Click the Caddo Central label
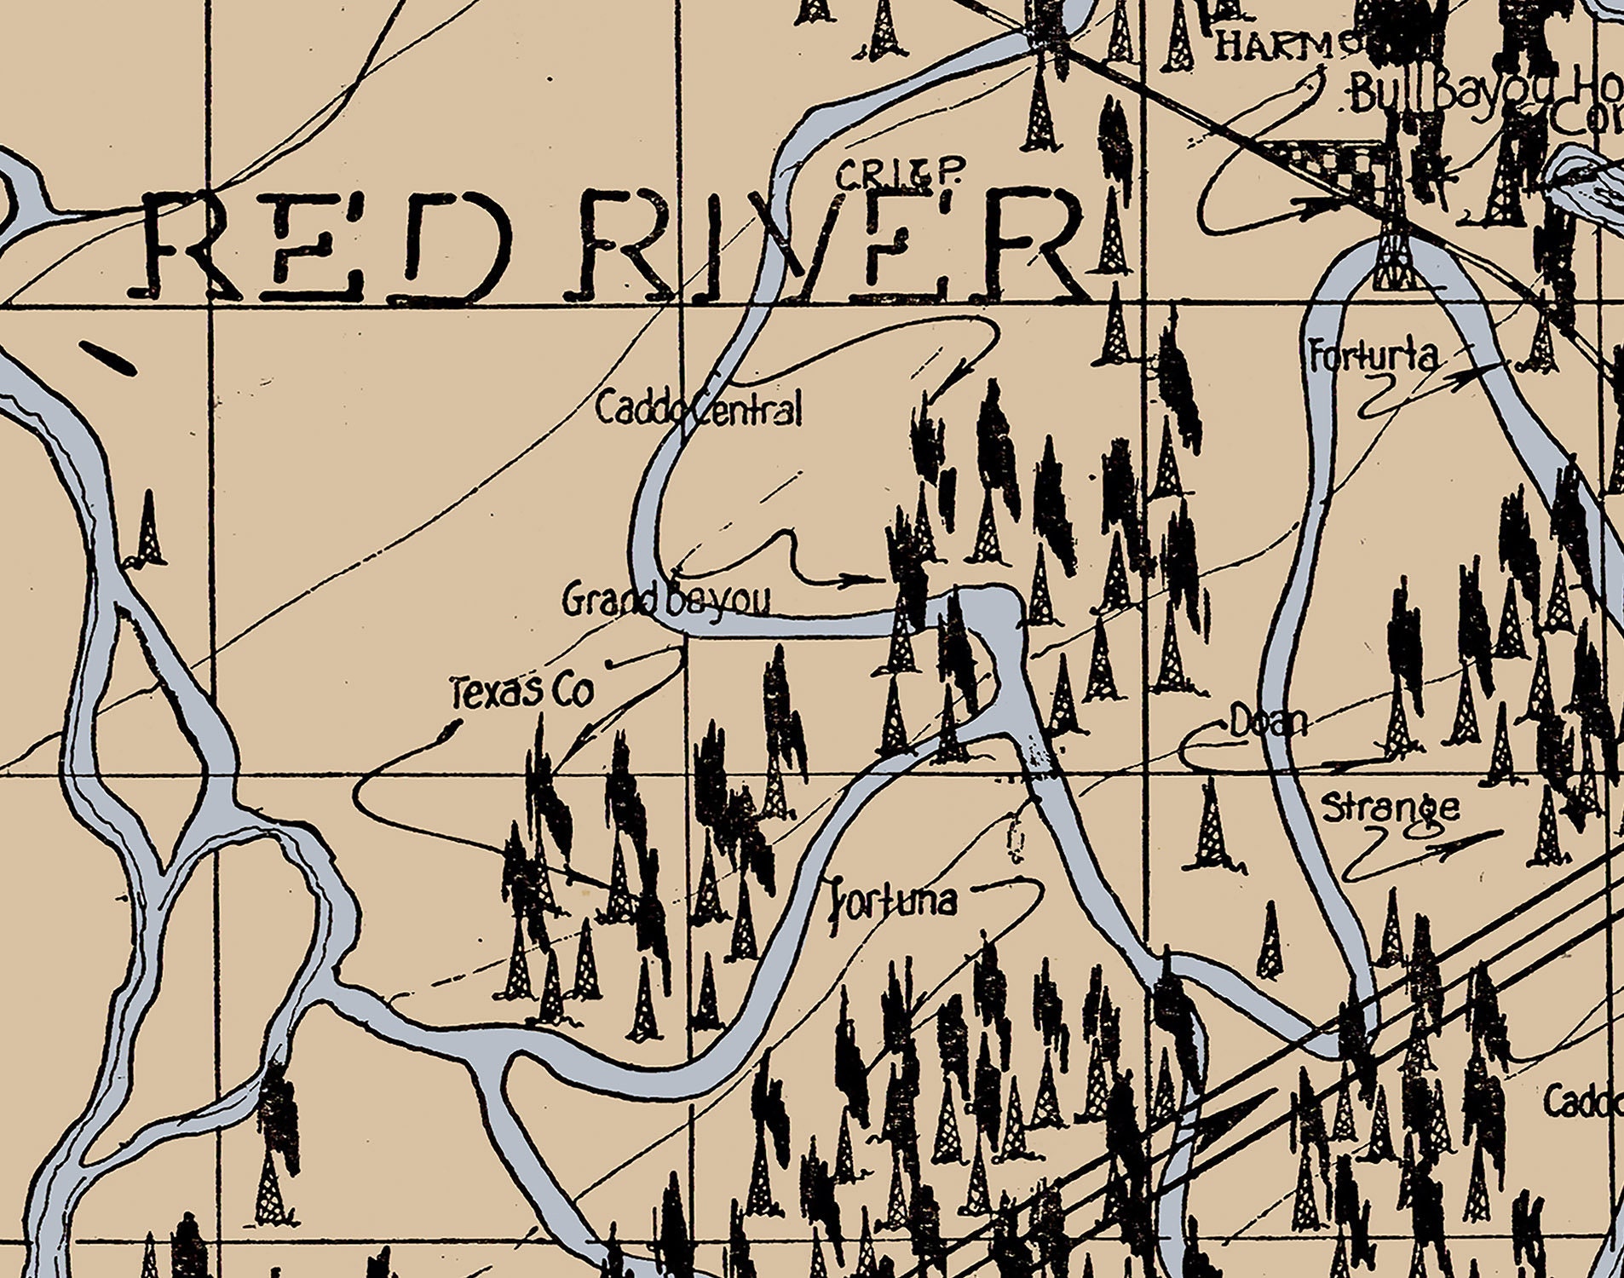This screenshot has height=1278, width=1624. (x=699, y=408)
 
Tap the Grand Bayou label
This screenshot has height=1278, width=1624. (x=665, y=601)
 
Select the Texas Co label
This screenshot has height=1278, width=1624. (x=521, y=691)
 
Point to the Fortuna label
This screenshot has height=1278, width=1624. (x=894, y=900)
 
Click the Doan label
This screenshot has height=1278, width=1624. (x=1268, y=723)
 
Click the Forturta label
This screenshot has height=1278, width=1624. (x=1373, y=356)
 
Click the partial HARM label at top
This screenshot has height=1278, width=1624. (x=1274, y=45)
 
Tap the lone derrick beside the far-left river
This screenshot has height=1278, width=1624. (x=149, y=530)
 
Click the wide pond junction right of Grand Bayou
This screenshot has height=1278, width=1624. (x=990, y=610)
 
